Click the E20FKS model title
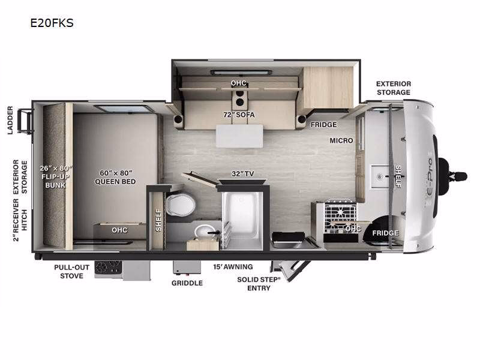coord(52,23)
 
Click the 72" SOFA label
coord(239,115)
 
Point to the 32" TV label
coord(243,173)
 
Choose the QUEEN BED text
coord(115,182)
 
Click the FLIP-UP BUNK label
coord(55,181)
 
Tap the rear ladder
coord(25,121)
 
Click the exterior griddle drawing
coord(187,268)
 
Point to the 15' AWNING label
coord(233,267)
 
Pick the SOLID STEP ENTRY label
coord(259,284)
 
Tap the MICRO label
coord(341,140)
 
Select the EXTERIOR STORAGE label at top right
coord(394,88)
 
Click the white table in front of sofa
coord(239,136)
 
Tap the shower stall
coord(242,218)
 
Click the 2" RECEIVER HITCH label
coord(20,220)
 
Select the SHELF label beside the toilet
coord(158,220)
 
